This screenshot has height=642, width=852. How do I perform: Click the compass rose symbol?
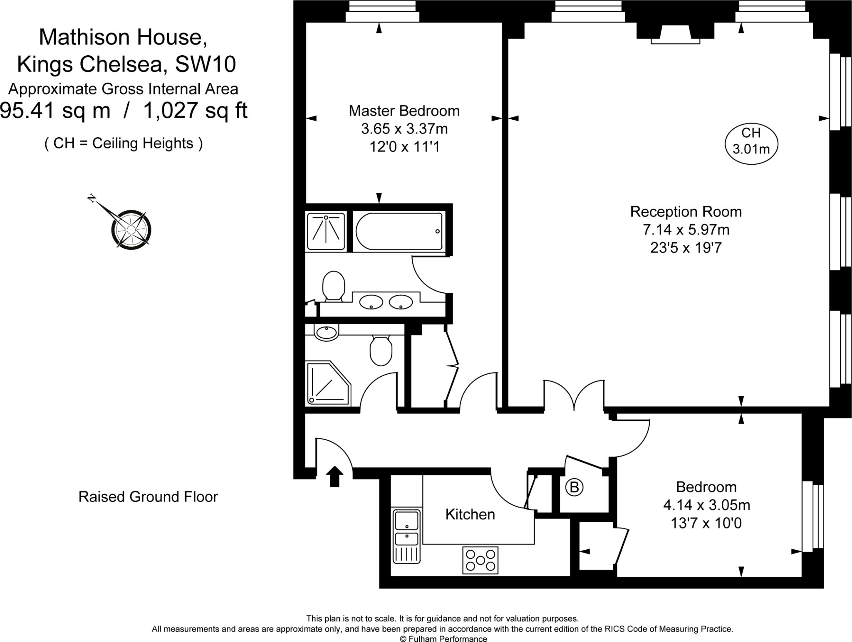131,229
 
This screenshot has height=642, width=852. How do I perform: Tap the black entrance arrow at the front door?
334,476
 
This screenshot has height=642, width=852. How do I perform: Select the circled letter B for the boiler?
574,487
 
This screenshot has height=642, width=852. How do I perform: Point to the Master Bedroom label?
404,111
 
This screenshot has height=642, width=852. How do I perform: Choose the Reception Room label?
686,212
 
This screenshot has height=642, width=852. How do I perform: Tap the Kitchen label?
470,514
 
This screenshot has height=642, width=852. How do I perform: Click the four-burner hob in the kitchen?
480,560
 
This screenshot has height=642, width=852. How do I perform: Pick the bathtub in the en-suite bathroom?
399,231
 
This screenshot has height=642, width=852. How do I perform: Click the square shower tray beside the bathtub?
326,232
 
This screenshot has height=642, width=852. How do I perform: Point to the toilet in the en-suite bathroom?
334,286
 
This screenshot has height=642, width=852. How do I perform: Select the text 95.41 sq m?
55,111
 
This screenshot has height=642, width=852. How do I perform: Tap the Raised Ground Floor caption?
148,497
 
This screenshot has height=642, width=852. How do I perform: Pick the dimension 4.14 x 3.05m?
706,505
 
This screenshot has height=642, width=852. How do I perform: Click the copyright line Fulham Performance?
443,639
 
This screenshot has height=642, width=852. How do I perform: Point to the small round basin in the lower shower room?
326,333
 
